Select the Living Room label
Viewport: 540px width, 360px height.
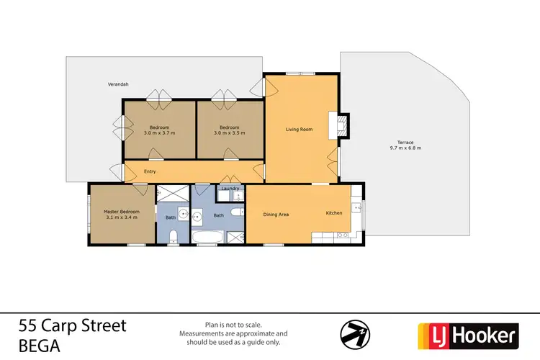pyautogui.click(x=299, y=130)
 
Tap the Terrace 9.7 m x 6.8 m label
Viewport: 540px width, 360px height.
pyautogui.click(x=405, y=145)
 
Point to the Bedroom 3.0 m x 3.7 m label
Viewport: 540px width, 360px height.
pyautogui.click(x=160, y=130)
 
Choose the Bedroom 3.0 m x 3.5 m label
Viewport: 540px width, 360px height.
pyautogui.click(x=230, y=130)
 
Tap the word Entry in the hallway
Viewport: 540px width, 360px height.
pyautogui.click(x=150, y=171)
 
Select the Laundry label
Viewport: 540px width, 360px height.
pyautogui.click(x=230, y=189)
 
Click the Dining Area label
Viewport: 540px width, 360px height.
pyautogui.click(x=276, y=214)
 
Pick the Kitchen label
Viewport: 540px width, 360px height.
pyautogui.click(x=334, y=214)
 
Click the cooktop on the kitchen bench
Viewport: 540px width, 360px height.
pyautogui.click(x=343, y=235)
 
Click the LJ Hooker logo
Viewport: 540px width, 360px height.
pyautogui.click(x=468, y=335)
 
